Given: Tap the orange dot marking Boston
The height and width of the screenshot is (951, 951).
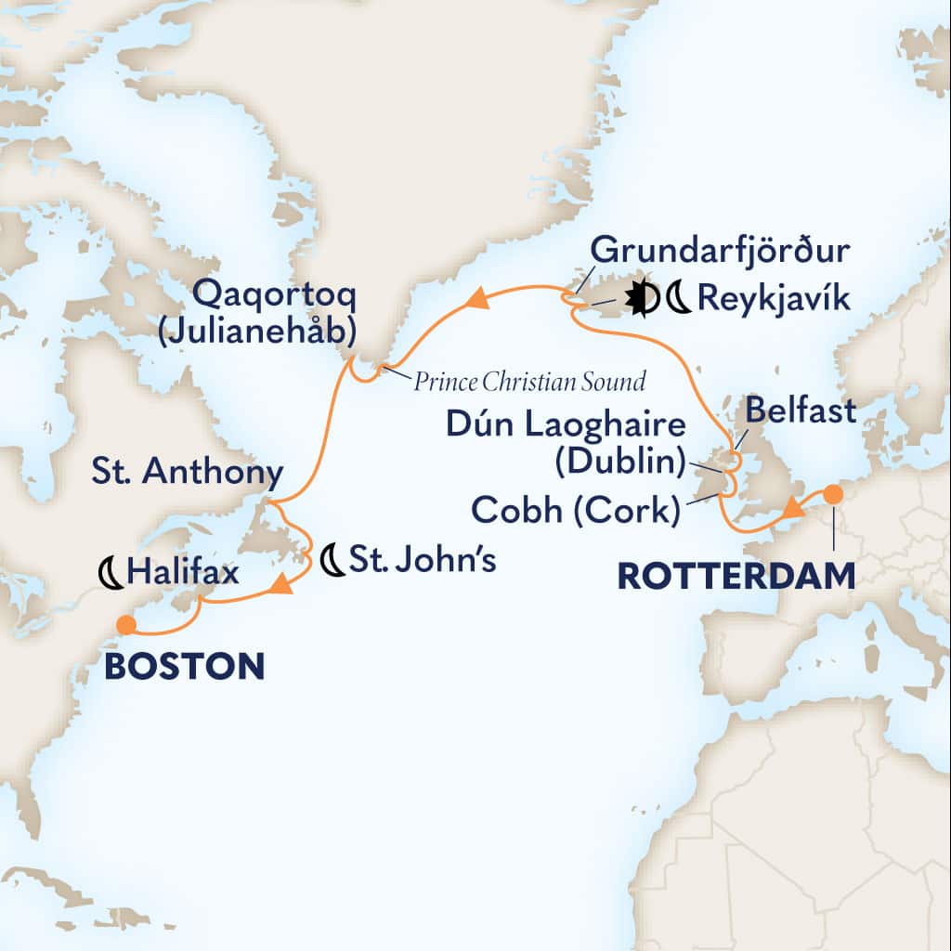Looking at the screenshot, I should pyautogui.click(x=124, y=625).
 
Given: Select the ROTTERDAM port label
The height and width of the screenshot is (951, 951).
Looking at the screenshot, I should pyautogui.click(x=736, y=576).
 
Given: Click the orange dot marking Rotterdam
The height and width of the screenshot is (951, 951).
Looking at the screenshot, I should pyautogui.click(x=833, y=494).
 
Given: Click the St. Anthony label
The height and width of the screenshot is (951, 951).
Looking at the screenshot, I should pyautogui.click(x=186, y=473).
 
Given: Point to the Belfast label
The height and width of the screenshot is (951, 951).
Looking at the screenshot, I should pyautogui.click(x=799, y=410).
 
